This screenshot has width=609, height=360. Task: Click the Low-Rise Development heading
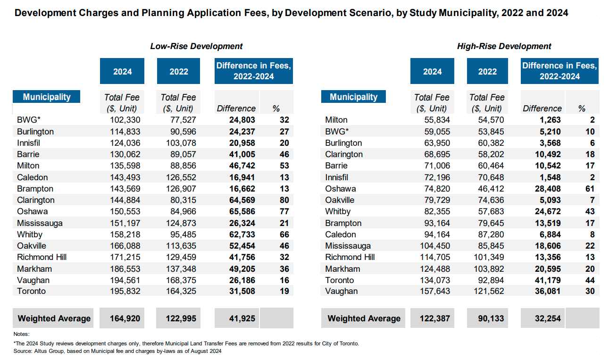click(x=196, y=46)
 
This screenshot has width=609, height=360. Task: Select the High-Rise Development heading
click(x=504, y=46)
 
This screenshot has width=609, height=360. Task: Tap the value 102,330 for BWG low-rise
click(x=125, y=120)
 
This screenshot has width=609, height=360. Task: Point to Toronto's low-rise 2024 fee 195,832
click(x=125, y=291)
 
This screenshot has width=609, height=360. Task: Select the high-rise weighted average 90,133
click(x=488, y=318)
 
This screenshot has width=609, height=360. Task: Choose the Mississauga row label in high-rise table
click(x=348, y=246)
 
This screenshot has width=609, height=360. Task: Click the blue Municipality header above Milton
click(x=353, y=97)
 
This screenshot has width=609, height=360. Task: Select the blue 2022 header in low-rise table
click(x=178, y=72)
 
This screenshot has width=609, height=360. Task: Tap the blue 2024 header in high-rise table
click(x=432, y=72)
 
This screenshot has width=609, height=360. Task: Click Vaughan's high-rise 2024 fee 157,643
click(x=434, y=291)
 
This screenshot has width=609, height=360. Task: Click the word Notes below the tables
click(x=21, y=335)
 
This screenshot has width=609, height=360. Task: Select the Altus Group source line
click(x=117, y=351)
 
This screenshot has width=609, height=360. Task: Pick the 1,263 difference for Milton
click(x=549, y=120)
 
